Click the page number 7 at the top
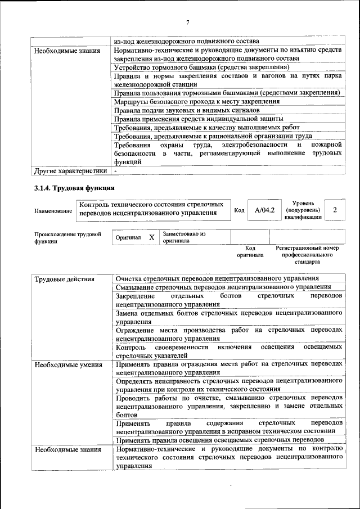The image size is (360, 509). pyautogui.click(x=188, y=22)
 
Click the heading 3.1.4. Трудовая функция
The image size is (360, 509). pyautogui.click(x=75, y=187)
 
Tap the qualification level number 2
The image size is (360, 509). pyautogui.click(x=335, y=210)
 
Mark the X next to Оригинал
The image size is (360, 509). pyautogui.click(x=151, y=237)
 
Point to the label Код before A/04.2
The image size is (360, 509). pyautogui.click(x=238, y=210)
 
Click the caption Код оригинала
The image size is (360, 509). pyautogui.click(x=250, y=251)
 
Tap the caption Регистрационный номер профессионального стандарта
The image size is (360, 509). pyautogui.click(x=307, y=255)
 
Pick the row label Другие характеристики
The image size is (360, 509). pyautogui.click(x=70, y=170)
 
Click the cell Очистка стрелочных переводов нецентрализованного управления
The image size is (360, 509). pyautogui.click(x=217, y=278)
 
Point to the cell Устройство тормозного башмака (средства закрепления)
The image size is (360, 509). pyautogui.click(x=201, y=67)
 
